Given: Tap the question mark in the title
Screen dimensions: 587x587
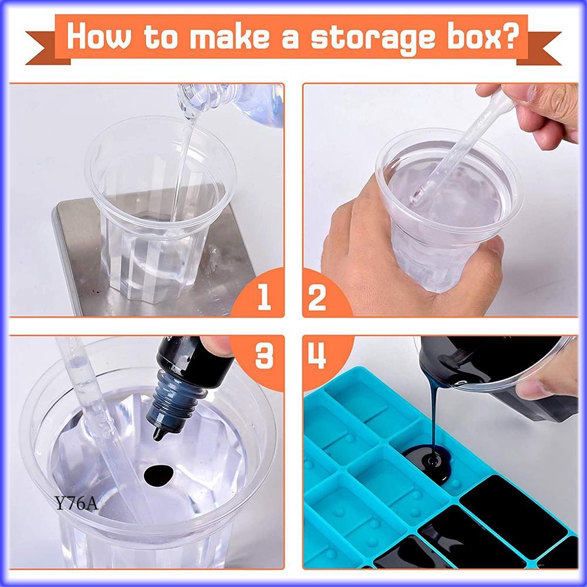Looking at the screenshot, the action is pos(508,36).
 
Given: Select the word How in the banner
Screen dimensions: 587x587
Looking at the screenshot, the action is pos(99,36).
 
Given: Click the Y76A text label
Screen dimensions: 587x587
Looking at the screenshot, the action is pos(76,503).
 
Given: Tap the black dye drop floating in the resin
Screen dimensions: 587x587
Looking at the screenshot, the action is pos(158,475).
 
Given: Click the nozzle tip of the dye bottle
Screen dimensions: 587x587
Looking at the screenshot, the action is pos(158,435).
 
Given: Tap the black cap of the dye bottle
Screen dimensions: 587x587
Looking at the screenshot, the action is pos(195,361).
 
